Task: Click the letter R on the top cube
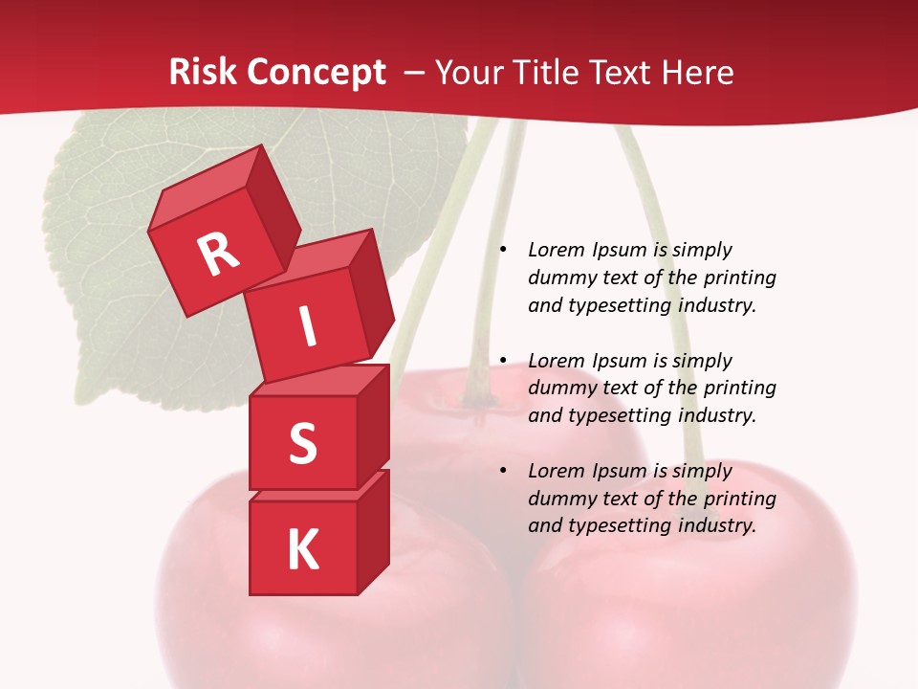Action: click(x=218, y=254)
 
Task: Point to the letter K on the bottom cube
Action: click(x=302, y=549)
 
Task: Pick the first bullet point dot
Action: click(x=503, y=250)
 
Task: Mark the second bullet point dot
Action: click(x=503, y=361)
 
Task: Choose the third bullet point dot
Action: click(x=503, y=471)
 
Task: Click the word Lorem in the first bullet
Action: click(x=556, y=250)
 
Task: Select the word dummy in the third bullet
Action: click(x=557, y=499)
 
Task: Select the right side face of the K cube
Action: click(x=374, y=531)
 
